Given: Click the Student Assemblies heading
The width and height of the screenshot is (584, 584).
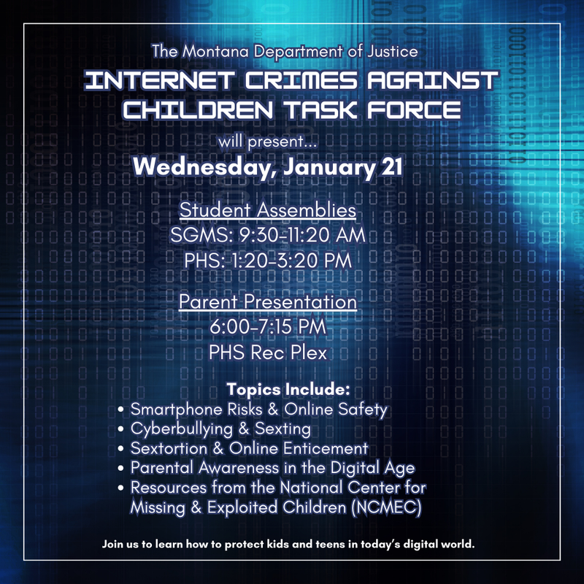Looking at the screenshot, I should [x=268, y=210].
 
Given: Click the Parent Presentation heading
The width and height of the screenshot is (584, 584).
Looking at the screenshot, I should [x=268, y=302].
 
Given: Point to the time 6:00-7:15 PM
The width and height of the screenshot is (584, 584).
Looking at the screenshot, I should [x=268, y=328].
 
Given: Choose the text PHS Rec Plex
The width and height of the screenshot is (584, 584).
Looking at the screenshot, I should [x=268, y=353].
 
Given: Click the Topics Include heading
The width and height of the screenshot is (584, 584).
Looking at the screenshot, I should [x=289, y=387].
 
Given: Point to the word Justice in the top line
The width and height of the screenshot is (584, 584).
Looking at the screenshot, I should [x=396, y=52].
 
